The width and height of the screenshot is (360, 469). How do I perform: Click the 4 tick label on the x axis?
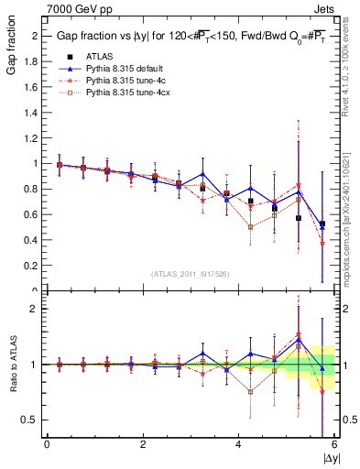[x=238, y=443]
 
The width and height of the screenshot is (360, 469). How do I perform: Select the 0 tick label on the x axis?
[x=47, y=443]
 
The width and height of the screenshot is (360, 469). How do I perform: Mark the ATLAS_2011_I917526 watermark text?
[x=190, y=274]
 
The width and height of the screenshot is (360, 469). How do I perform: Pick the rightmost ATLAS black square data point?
[x=322, y=224]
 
